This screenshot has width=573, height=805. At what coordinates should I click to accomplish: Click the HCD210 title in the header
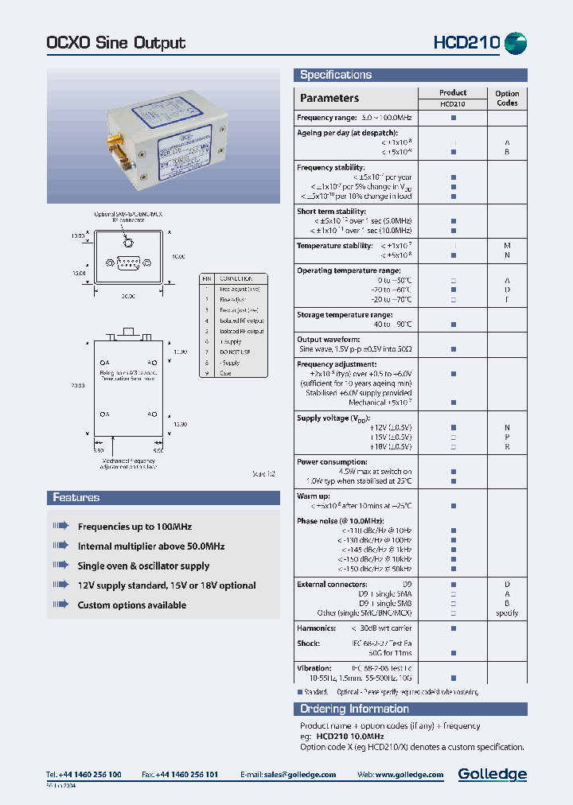coord(466,43)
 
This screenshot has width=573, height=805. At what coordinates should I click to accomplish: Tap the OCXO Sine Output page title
coord(116,43)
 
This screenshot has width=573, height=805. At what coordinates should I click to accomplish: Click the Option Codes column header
coord(507,98)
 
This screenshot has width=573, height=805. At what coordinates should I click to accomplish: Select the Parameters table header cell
coord(329,99)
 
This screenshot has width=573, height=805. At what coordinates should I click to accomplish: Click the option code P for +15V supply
coord(507,437)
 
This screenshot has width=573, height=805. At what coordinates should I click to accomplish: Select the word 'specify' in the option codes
coord(507,613)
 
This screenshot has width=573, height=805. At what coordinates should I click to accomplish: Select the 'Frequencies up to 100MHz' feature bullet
coord(134,527)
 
